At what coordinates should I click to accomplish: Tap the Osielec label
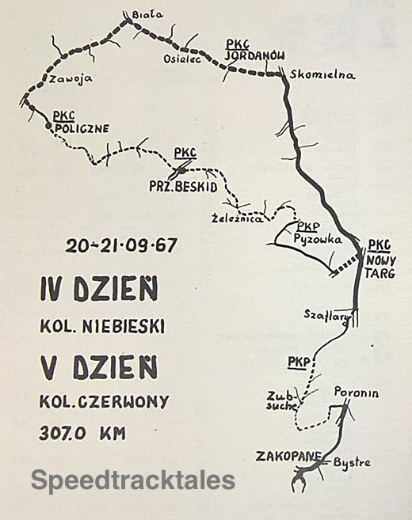click(179, 58)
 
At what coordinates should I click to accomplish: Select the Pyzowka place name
click(316, 237)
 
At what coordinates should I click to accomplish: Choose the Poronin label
click(356, 393)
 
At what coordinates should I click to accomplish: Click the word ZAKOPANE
click(288, 456)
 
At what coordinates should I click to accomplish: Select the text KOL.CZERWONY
click(104, 401)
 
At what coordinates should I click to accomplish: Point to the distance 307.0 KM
click(82, 432)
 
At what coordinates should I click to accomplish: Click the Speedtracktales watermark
click(133, 480)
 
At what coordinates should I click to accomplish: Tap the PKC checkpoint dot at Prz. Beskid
click(181, 169)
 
